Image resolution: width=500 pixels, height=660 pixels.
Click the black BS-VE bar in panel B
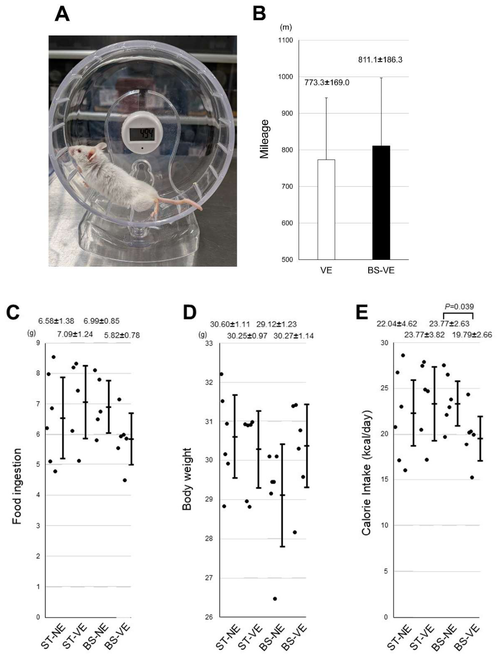pyautogui.click(x=381, y=202)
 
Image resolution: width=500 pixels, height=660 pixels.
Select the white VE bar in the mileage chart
pyautogui.click(x=326, y=209)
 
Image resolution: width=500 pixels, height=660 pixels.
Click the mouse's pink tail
pyautogui.click(x=180, y=202)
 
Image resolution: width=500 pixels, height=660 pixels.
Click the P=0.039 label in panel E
pyautogui.click(x=459, y=306)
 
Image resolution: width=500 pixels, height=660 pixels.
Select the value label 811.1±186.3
pyautogui.click(x=380, y=59)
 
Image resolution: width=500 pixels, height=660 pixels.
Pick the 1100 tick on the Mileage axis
pyautogui.click(x=286, y=40)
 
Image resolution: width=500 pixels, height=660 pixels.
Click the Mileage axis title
pyautogui.click(x=264, y=139)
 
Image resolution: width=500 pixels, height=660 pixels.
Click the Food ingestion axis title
pyautogui.click(x=17, y=486)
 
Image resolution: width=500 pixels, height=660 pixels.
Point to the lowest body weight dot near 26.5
pyautogui.click(x=275, y=599)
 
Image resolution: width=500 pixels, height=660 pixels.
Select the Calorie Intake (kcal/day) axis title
pyautogui.click(x=366, y=473)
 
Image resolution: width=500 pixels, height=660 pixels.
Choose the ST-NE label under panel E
pyautogui.click(x=399, y=637)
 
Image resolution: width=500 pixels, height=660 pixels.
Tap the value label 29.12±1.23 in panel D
pyautogui.click(x=277, y=324)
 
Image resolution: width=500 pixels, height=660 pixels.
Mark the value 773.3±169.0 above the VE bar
pyautogui.click(x=327, y=82)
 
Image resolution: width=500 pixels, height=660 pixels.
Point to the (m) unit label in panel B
pyautogui.click(x=286, y=27)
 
